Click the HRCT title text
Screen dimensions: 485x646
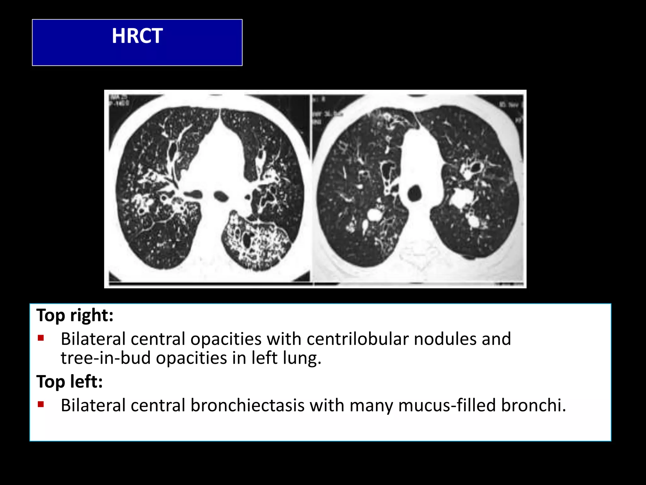point(137,36)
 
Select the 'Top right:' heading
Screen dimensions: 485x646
point(75,315)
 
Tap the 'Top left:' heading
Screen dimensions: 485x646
point(69,381)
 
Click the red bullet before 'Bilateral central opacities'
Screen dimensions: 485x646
point(40,338)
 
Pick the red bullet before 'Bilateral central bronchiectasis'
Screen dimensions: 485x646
point(40,404)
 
